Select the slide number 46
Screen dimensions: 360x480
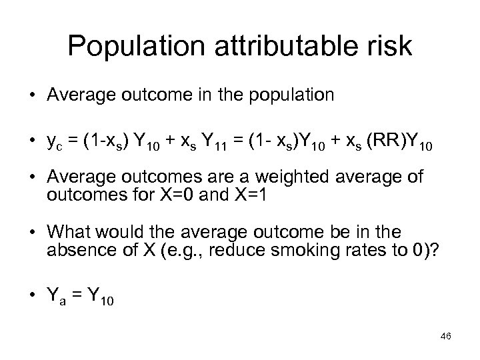446,337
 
